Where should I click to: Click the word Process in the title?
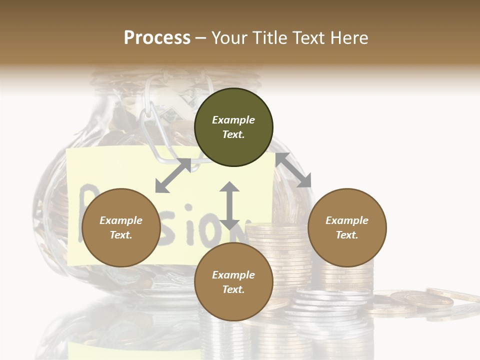(x=157, y=38)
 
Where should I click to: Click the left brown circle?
(x=121, y=227)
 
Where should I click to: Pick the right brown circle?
(x=347, y=227)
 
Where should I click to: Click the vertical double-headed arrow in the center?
(x=229, y=205)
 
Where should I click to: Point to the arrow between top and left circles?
(x=173, y=175)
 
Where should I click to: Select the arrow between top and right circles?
(x=293, y=170)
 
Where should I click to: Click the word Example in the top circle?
(x=233, y=120)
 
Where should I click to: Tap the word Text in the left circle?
(x=121, y=235)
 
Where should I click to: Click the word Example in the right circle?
(x=347, y=220)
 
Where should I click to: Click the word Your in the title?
(x=229, y=38)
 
